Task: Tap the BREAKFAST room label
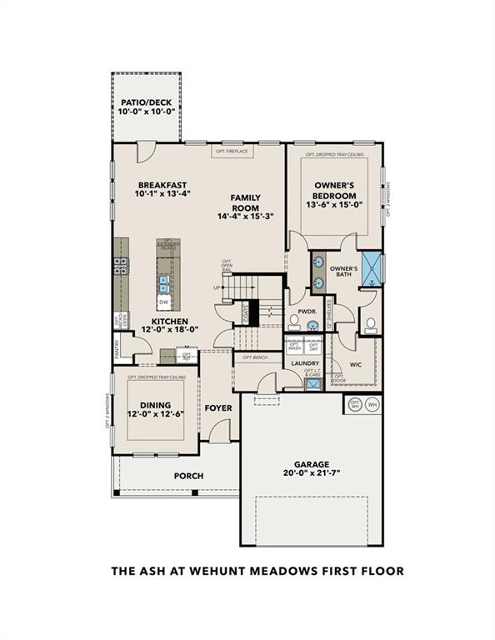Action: click(162, 185)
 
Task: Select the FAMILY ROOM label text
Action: click(246, 202)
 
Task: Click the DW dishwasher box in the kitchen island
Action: click(164, 302)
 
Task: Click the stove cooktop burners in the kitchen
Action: click(121, 267)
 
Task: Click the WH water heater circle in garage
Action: click(372, 404)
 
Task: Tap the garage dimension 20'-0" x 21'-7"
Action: click(311, 474)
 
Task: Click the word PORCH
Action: click(188, 477)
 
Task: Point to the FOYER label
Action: click(218, 408)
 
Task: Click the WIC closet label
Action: click(356, 364)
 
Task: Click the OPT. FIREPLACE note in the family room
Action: click(232, 152)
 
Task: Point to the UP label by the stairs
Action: click(218, 288)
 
